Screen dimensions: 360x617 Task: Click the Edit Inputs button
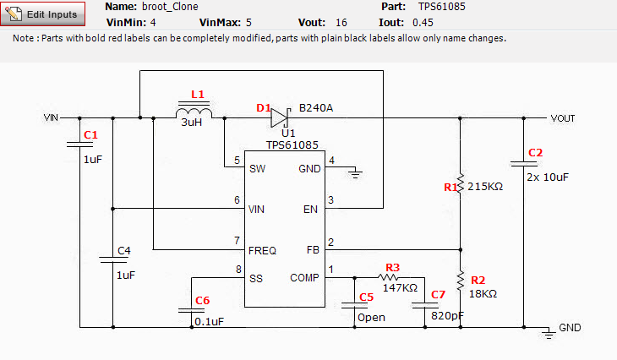pos(44,14)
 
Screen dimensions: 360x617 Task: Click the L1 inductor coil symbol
pos(194,113)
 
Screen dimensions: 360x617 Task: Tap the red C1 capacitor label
pos(91,135)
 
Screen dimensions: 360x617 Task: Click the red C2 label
pos(535,153)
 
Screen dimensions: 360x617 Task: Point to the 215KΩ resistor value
pos(485,186)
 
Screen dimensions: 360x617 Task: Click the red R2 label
pos(478,280)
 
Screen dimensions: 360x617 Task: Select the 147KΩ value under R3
pos(400,288)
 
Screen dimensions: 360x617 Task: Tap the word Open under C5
pos(370,318)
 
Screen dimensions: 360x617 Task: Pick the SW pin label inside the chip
pos(258,168)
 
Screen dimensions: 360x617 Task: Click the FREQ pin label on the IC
pos(263,250)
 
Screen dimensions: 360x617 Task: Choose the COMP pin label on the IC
pos(304,277)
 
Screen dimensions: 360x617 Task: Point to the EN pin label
pos(312,209)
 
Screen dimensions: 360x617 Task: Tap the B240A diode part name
pos(316,108)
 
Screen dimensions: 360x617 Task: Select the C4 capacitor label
pos(123,251)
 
